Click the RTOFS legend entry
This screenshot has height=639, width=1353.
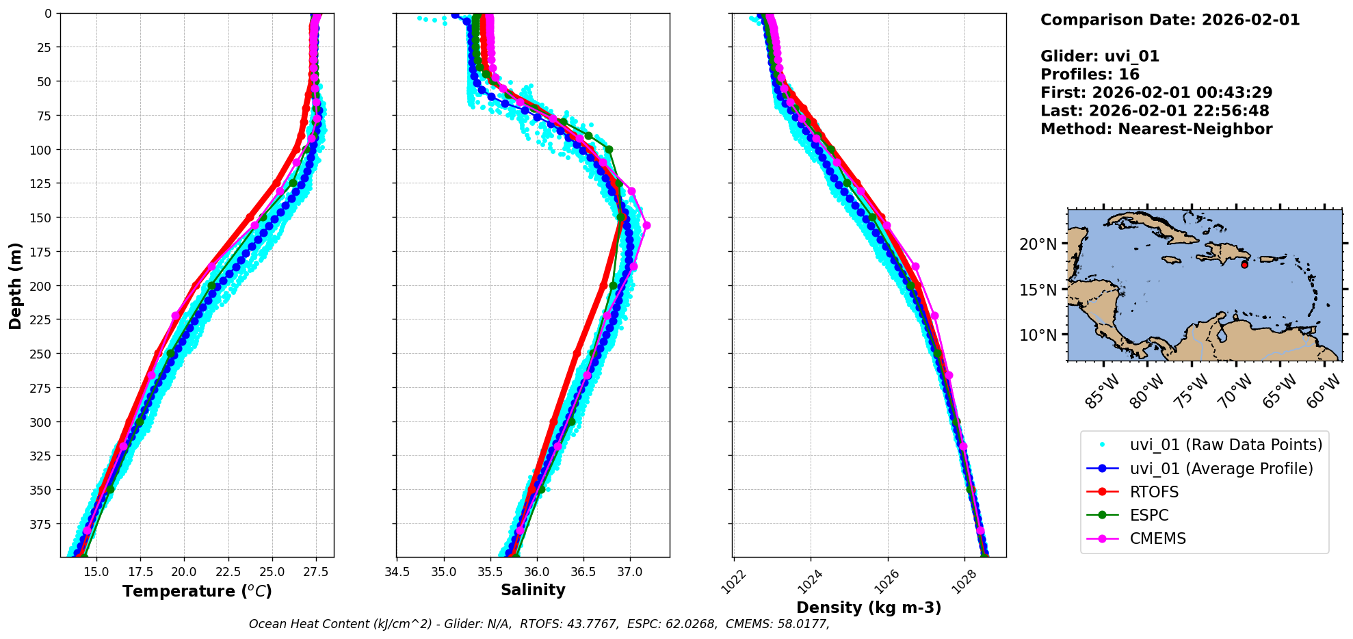pos(1154,493)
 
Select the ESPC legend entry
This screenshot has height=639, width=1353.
pos(1149,516)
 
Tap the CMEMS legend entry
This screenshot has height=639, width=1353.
pos(1157,539)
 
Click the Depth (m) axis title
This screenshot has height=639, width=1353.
pos(15,285)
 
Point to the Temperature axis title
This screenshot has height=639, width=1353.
pos(197,591)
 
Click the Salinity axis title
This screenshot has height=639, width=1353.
pos(533,590)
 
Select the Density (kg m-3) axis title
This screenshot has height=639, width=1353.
pos(869,608)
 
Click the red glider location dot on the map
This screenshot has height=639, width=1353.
pos(1244,265)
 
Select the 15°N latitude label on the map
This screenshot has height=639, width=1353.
pos(1038,290)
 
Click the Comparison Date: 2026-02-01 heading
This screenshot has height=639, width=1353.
pos(1170,20)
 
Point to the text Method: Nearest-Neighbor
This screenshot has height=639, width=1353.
pos(1156,129)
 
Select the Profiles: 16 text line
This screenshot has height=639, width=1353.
pos(1090,75)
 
